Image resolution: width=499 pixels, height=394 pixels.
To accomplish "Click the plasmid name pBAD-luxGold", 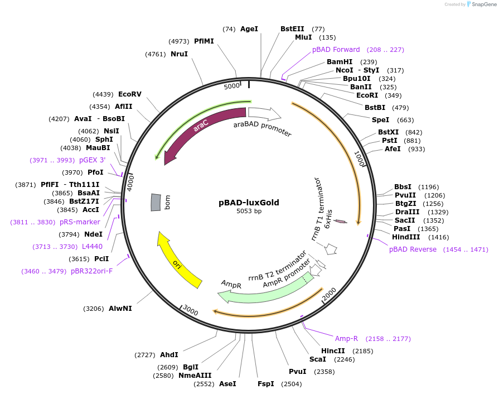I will tap(249, 203).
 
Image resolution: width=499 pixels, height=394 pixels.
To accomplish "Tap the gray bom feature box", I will tap(156, 202).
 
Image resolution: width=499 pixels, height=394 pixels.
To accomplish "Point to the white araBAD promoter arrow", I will tap(264, 114).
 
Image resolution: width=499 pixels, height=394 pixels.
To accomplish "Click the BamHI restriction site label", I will tap(340, 62).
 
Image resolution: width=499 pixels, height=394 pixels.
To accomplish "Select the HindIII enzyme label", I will tap(406, 237).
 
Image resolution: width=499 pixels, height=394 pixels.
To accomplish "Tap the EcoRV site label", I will tap(130, 94).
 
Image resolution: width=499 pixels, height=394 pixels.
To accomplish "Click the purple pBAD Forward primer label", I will tap(336, 50).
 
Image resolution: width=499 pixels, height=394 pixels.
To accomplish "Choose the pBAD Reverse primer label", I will tap(413, 249).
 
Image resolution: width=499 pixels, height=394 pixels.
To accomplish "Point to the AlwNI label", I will tap(120, 309).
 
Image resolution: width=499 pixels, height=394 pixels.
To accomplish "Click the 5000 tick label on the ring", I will tap(231, 87).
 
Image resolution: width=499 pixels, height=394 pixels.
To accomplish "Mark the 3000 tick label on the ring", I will tap(191, 310).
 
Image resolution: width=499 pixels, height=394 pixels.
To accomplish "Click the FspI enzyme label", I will tap(265, 384).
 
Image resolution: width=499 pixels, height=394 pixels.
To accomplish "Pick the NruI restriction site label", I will tap(179, 54).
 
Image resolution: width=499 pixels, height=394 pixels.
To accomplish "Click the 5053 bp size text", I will tap(249, 212).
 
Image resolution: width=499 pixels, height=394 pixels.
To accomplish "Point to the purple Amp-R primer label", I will tap(346, 339).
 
